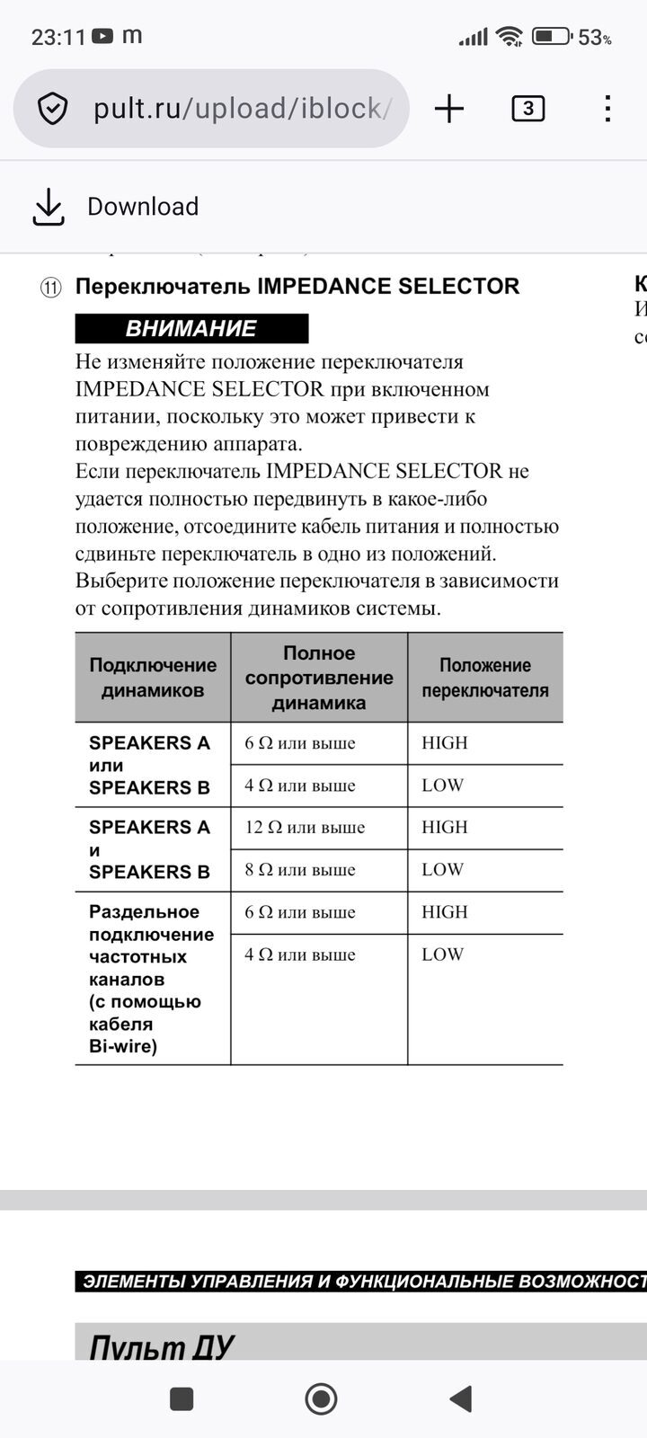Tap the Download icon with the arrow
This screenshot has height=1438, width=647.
[49, 207]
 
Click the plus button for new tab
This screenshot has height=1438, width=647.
[449, 109]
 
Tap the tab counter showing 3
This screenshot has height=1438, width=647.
[527, 109]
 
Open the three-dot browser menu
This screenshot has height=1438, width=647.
[607, 109]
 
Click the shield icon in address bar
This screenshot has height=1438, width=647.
[53, 109]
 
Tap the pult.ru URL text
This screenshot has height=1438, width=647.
[241, 109]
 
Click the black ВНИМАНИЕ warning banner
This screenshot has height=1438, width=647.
[191, 329]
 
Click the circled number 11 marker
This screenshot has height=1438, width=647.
[50, 288]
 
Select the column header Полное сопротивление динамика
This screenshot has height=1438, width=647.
[319, 678]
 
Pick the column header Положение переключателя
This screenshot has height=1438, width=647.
[485, 678]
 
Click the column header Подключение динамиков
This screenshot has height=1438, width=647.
[153, 678]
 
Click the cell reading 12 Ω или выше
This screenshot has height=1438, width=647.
[305, 828]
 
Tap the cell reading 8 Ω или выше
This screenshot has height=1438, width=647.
[300, 870]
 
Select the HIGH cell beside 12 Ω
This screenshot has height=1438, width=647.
[445, 828]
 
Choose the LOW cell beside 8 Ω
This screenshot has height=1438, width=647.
[443, 870]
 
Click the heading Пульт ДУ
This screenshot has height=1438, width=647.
[162, 1346]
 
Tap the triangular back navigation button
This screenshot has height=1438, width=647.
[461, 1398]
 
